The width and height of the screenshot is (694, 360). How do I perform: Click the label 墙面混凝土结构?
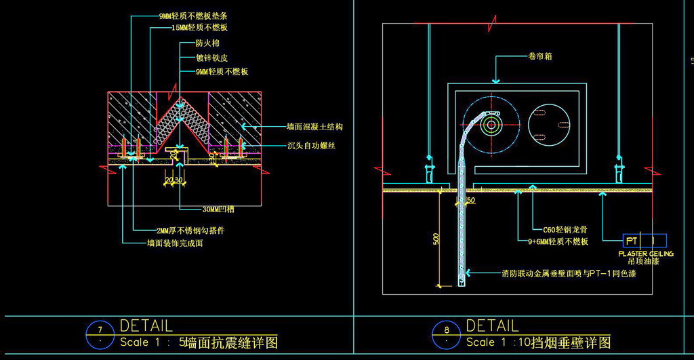tap(314, 127)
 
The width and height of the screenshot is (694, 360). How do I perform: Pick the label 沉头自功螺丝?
tap(311, 146)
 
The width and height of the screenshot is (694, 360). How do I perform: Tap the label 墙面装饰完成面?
tap(175, 242)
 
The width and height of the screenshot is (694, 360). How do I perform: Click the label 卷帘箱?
tap(540, 57)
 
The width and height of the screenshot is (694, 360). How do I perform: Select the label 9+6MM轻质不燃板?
tap(558, 241)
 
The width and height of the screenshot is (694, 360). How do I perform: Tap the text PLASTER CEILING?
tap(646, 254)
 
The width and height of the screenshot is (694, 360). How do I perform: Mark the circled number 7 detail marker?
tap(100, 330)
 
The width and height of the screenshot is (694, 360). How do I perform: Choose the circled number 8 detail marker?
tap(446, 331)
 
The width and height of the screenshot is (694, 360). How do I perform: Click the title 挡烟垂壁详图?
tap(571, 342)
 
